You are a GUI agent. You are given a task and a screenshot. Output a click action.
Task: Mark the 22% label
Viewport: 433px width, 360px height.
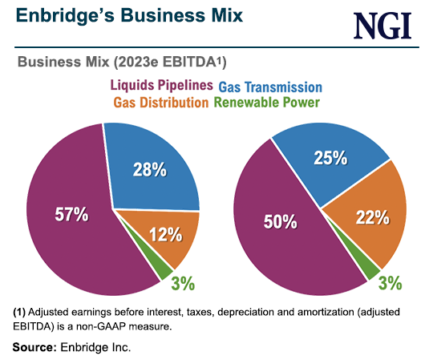coord(371,216)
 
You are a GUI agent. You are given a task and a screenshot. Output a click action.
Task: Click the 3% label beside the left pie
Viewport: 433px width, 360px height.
coord(183,283)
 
